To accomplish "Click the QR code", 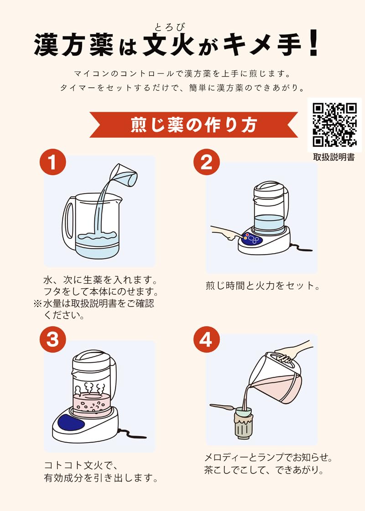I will (x=334, y=124).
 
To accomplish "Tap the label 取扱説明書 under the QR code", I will (x=334, y=157).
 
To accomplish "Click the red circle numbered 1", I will (x=52, y=163).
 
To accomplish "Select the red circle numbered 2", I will (x=206, y=163).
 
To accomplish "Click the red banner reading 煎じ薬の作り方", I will (x=193, y=124).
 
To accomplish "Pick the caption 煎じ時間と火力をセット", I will (x=262, y=286).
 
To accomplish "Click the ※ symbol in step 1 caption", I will (x=38, y=303).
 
